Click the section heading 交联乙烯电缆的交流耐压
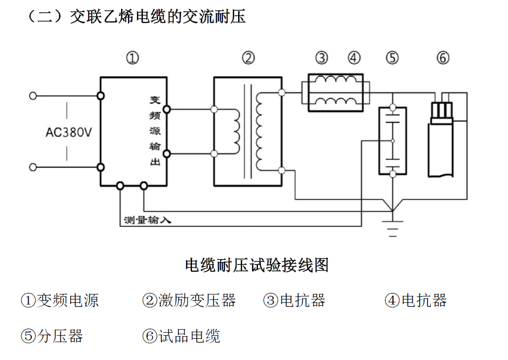click(x=158, y=17)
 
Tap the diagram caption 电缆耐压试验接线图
click(x=256, y=265)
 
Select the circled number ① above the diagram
click(x=132, y=58)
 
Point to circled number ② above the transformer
click(x=248, y=58)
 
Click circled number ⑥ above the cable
click(x=443, y=58)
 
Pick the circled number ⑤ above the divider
click(x=392, y=58)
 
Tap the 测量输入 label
click(x=147, y=220)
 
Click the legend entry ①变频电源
click(x=60, y=300)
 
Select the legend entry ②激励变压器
click(x=189, y=300)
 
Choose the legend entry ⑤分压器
click(x=52, y=336)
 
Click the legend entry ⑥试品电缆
click(x=181, y=336)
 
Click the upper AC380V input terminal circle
click(x=33, y=95)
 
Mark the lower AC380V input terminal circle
click(x=33, y=167)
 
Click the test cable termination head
click(x=441, y=112)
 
